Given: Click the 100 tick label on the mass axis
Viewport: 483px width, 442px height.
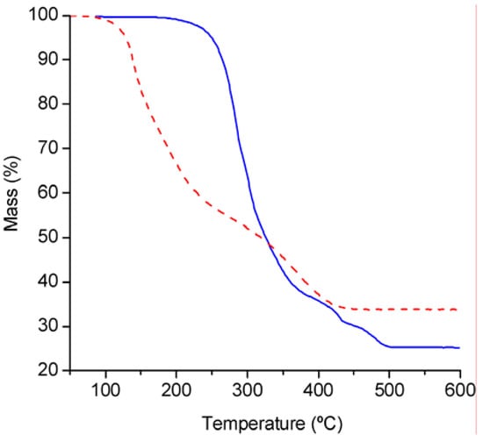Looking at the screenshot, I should tap(46, 16).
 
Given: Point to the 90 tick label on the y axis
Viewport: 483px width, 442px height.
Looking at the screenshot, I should tap(49, 60).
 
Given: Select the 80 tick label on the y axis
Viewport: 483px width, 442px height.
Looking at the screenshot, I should tap(49, 104).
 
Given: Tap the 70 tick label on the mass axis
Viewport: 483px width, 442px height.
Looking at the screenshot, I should tap(49, 149).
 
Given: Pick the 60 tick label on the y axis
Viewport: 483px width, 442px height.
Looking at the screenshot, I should tap(49, 193).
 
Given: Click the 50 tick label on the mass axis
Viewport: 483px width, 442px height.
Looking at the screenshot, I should tap(49, 238).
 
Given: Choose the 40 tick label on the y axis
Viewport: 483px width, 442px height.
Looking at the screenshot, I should tap(49, 282).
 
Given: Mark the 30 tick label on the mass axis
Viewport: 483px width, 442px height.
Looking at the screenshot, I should tap(49, 327).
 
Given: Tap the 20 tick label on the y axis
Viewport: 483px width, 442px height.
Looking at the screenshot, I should tap(49, 371).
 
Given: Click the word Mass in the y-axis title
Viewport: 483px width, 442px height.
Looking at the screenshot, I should tap(13, 204).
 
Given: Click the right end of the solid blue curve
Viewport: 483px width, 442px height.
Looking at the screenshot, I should tap(458, 348).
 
